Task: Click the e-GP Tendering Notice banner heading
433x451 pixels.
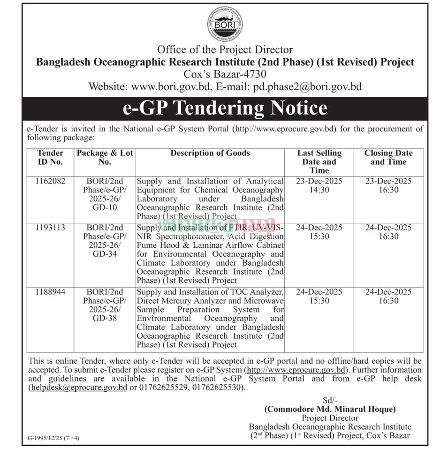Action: pyautogui.click(x=225, y=108)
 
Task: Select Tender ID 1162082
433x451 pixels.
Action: pyautogui.click(x=50, y=181)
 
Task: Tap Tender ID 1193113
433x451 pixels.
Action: pyautogui.click(x=50, y=228)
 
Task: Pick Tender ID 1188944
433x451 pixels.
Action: pyautogui.click(x=50, y=292)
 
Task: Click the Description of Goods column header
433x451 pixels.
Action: pyautogui.click(x=210, y=153)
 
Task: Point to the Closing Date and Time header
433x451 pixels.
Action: pyautogui.click(x=388, y=157)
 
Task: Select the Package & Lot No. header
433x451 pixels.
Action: pyautogui.click(x=105, y=157)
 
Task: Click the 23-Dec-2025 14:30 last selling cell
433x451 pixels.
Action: pyautogui.click(x=319, y=185)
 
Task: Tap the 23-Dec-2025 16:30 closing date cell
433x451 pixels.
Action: pyautogui.click(x=388, y=185)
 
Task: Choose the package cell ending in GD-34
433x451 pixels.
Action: pyautogui.click(x=105, y=241)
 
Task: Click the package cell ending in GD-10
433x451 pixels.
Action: pyautogui.click(x=105, y=194)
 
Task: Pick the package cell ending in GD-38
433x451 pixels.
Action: pyautogui.click(x=105, y=305)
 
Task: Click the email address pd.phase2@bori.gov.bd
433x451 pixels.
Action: pyautogui.click(x=307, y=86)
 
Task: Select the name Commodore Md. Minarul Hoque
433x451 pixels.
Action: pyautogui.click(x=330, y=409)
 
